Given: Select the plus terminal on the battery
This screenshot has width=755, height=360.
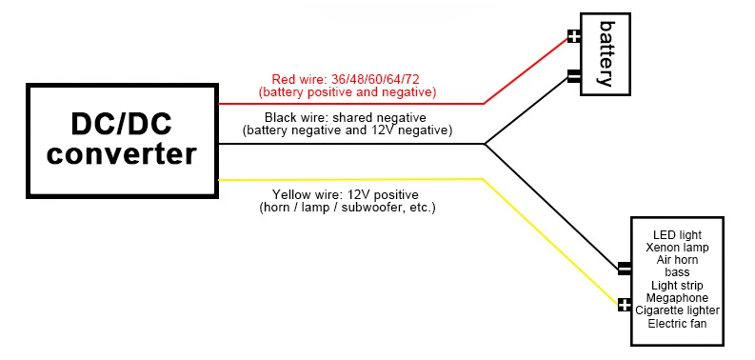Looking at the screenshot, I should [574, 38].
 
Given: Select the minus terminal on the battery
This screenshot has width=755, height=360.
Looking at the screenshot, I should [574, 75].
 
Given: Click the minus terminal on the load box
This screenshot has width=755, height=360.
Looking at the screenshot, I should [625, 269].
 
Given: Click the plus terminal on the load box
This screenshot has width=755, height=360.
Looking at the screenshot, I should [625, 305].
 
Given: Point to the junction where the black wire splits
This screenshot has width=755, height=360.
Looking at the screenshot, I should [485, 145].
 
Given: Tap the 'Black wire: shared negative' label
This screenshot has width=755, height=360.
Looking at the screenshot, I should [347, 117].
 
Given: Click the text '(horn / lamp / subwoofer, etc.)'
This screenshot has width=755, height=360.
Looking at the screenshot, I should [347, 207].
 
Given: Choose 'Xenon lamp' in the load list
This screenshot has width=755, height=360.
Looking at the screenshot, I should [677, 247].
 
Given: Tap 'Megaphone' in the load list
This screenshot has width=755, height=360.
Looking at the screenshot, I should [677, 298].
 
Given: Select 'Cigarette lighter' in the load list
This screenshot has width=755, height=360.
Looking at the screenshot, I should [677, 310].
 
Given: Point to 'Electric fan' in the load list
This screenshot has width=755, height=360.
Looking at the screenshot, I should [677, 324].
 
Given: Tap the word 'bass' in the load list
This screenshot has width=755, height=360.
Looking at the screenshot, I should [677, 272].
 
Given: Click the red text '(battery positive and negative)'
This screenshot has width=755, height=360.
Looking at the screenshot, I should [347, 92].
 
